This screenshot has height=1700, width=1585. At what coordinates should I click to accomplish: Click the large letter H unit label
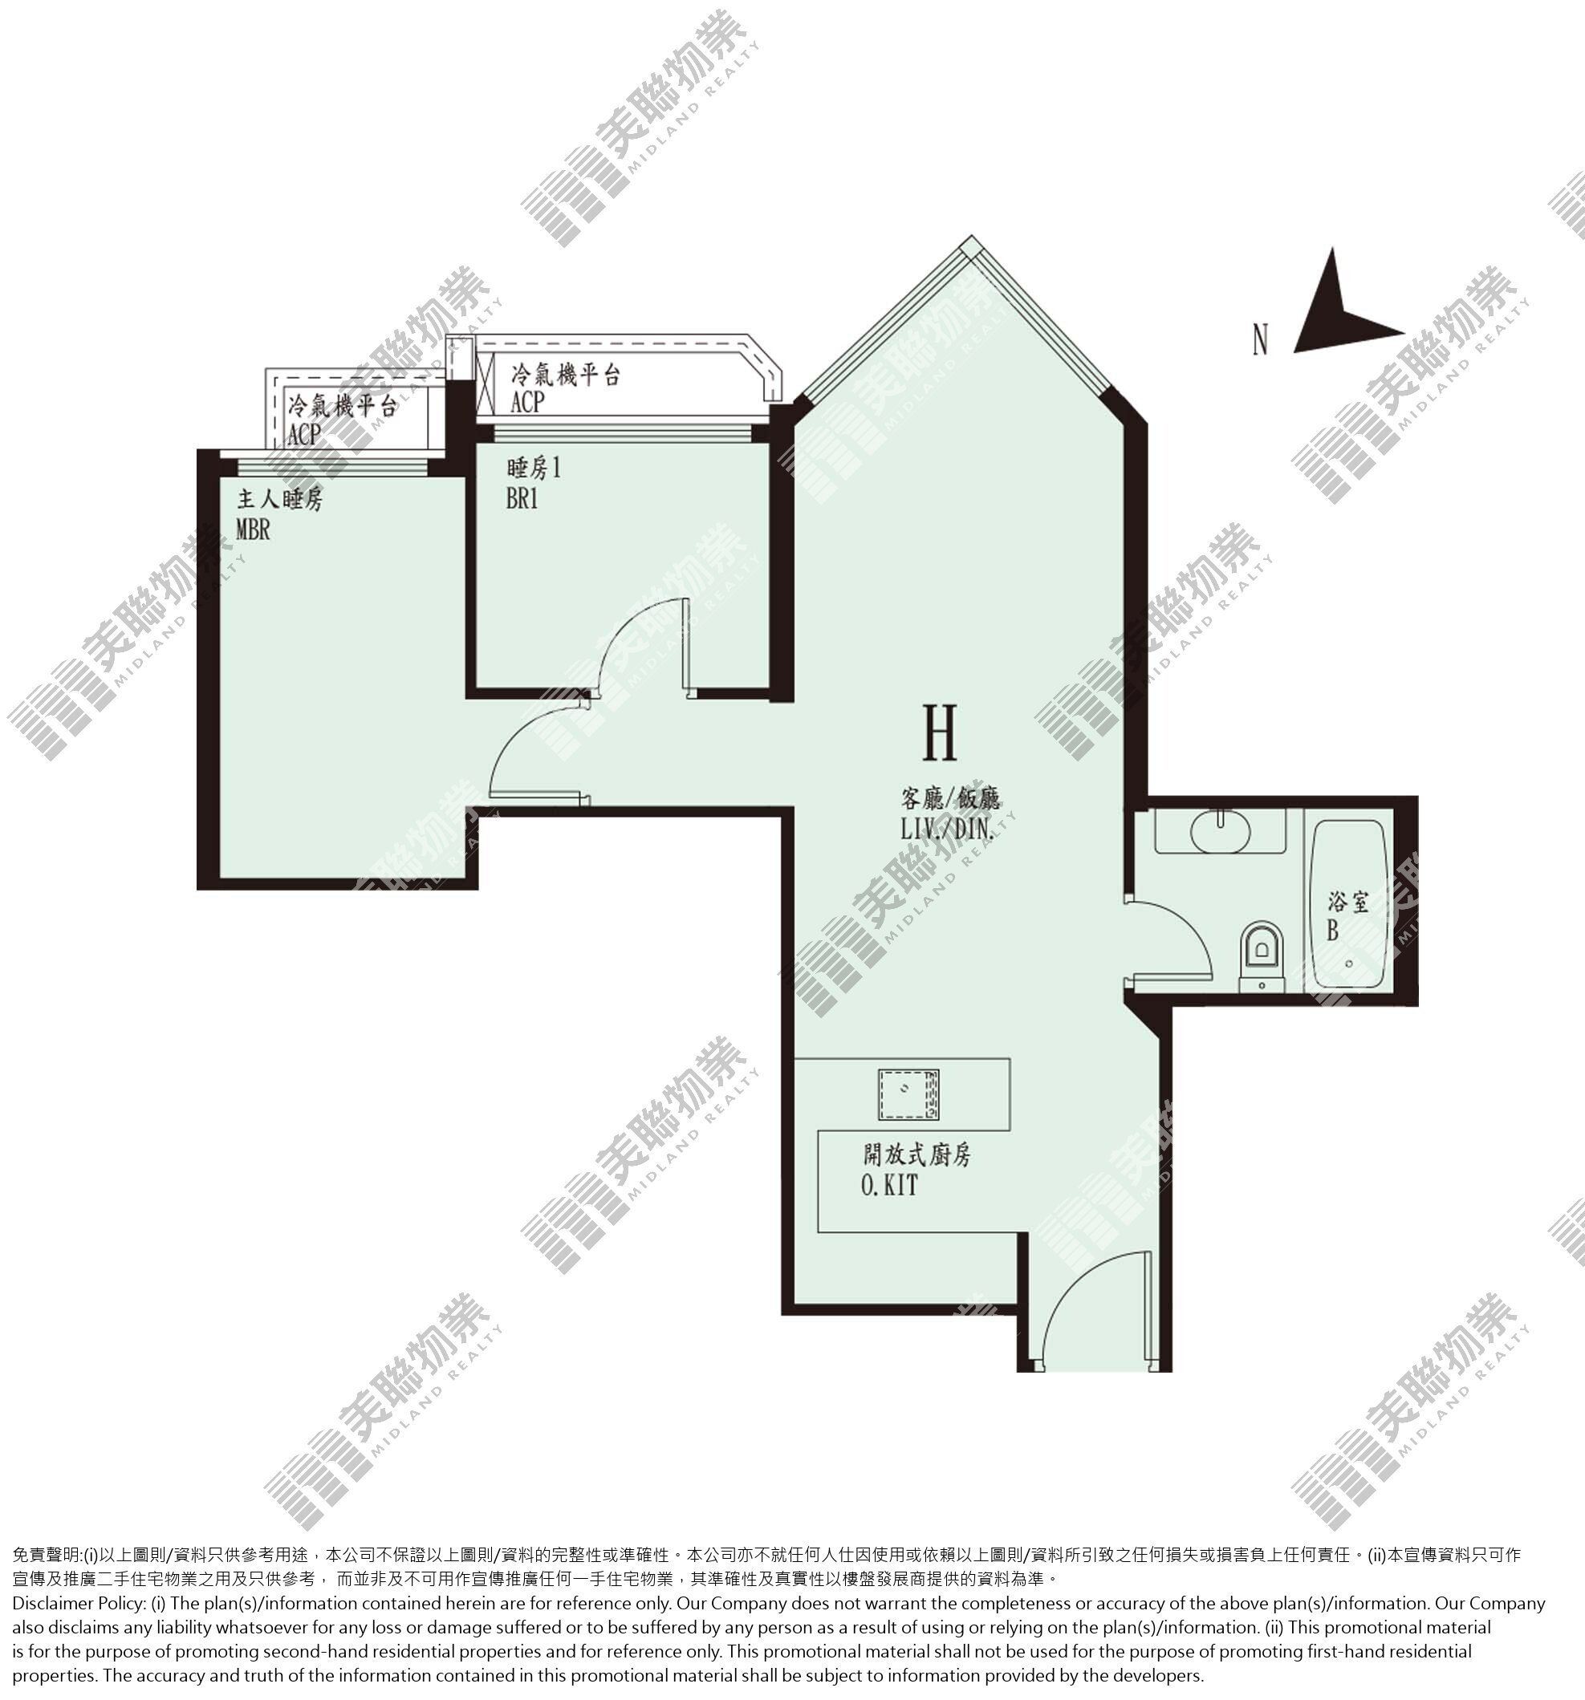click(939, 732)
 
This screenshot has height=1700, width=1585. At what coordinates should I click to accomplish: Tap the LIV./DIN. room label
click(948, 829)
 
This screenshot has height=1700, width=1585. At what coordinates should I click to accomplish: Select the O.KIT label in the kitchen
click(889, 1185)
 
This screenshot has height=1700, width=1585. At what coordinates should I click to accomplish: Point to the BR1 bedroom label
click(522, 497)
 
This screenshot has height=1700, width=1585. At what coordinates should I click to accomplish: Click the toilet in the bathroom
click(1262, 955)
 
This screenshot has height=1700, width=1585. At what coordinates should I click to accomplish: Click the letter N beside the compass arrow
click(1260, 339)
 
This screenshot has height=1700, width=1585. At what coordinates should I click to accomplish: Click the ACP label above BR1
click(527, 401)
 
